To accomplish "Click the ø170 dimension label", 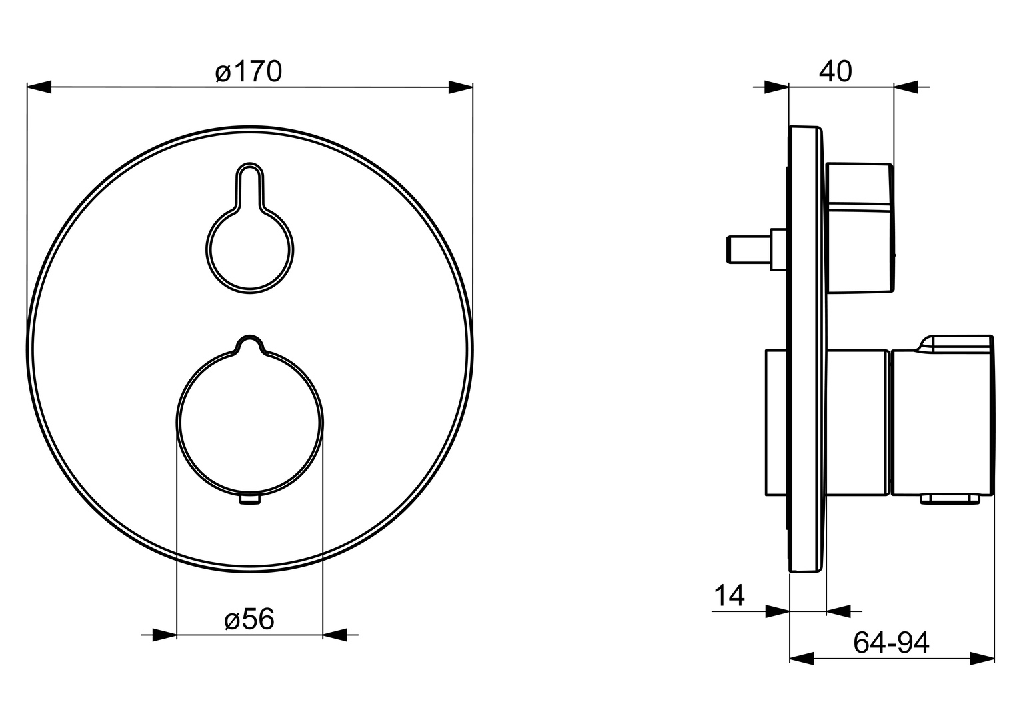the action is click(249, 71).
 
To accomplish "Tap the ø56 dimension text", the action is click(249, 619).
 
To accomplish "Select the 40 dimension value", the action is click(835, 71).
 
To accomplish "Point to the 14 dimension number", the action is click(729, 595).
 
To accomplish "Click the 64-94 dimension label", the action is click(891, 643).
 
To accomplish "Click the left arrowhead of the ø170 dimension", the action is click(39, 87).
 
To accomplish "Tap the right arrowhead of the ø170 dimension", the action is click(461, 87).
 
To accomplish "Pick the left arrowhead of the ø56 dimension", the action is click(165, 635).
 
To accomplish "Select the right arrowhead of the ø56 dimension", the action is click(335, 635).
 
